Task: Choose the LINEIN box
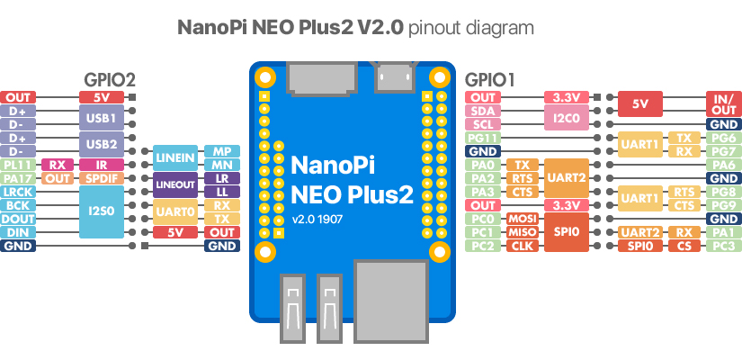[x=174, y=158]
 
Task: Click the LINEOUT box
[x=174, y=185]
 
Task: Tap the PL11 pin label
[x=18, y=165]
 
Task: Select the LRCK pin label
[x=18, y=192]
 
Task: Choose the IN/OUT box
[x=722, y=104]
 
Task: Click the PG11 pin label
[x=483, y=138]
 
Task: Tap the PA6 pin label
[x=722, y=165]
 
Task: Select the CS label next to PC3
[x=684, y=246]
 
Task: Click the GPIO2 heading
[x=110, y=79]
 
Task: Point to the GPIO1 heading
[x=490, y=79]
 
